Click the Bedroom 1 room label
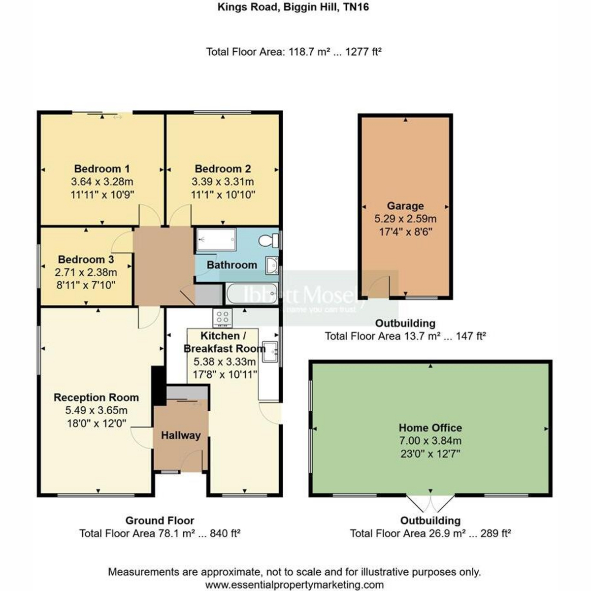pos(102,169)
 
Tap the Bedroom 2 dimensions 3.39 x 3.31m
pos(223,182)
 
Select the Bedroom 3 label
pos(86,260)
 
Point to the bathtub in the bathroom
pos(252,294)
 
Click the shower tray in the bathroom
pos(217,239)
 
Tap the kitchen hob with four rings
pos(223,318)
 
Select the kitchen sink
pos(270,352)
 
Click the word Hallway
pos(181,435)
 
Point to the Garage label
pos(405,206)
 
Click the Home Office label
pos(430,427)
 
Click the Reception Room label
pos(97,397)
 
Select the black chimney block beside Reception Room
pos(159,386)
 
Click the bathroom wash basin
pos(272,265)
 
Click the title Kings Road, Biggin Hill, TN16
pos(293,7)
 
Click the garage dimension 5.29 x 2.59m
pos(405,219)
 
